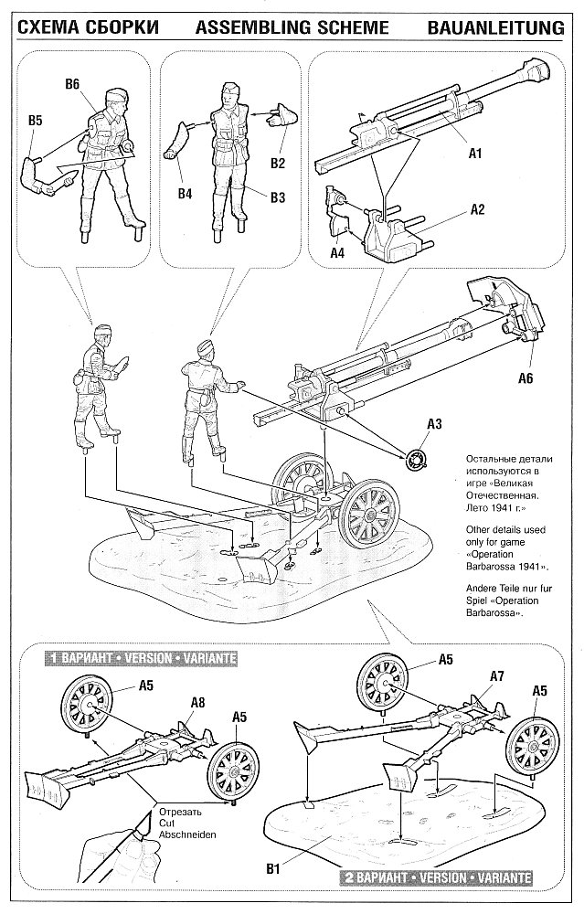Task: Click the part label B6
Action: pos(73,84)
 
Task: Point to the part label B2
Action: pos(278,164)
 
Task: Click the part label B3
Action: pos(278,197)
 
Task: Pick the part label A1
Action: pos(474,154)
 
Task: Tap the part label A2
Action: pos(476,208)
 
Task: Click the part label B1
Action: pos(284,858)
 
